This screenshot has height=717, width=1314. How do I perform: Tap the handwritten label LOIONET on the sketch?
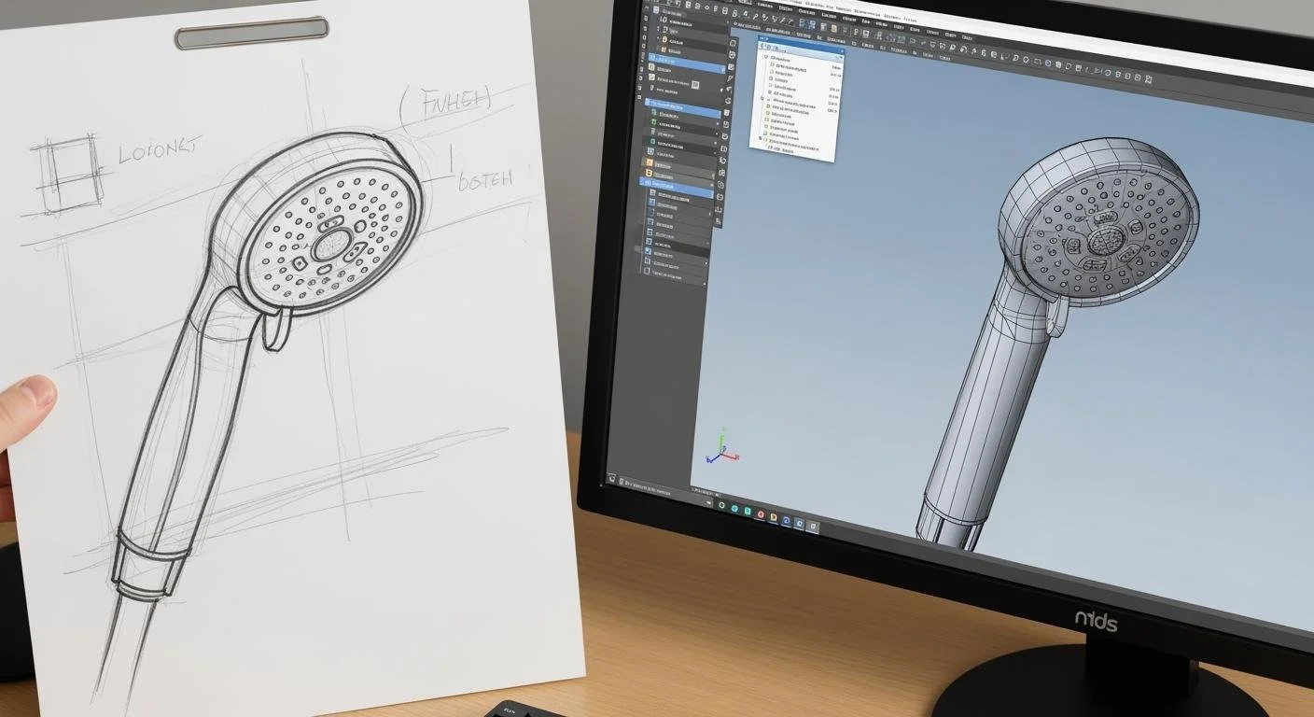pos(160,149)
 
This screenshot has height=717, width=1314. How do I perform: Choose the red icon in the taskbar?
pos(761,515)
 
